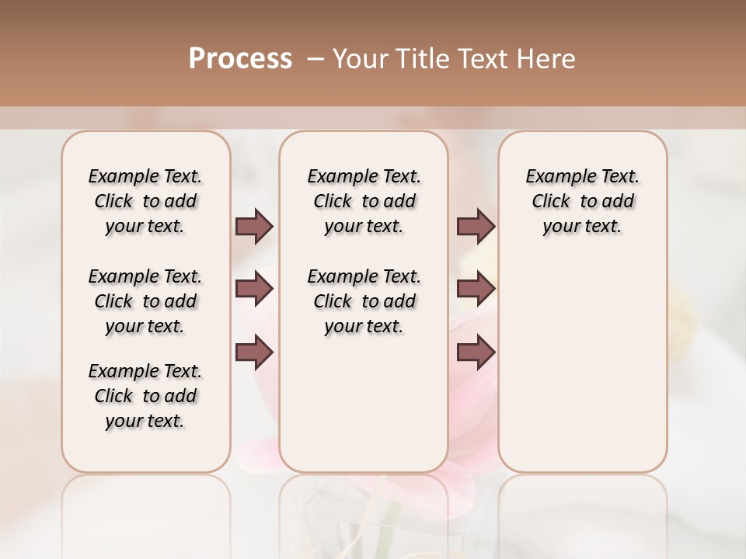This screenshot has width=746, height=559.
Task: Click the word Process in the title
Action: click(x=240, y=59)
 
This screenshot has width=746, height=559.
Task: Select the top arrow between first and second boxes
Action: click(x=254, y=226)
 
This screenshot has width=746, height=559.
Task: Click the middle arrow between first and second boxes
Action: click(x=254, y=289)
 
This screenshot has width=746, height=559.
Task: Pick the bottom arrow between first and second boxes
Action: click(x=254, y=352)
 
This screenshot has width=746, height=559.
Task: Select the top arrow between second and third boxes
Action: click(x=476, y=226)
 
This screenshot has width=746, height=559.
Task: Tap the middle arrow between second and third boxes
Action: click(x=476, y=289)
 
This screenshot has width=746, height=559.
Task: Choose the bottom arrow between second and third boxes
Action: click(x=476, y=352)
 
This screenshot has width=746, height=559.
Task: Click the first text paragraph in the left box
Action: click(x=145, y=201)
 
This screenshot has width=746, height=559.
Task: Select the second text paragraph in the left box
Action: click(x=145, y=301)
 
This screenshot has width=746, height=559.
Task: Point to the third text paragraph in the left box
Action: click(x=145, y=396)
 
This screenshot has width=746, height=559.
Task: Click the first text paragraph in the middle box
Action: click(x=364, y=201)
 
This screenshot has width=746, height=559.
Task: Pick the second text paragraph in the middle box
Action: click(x=364, y=301)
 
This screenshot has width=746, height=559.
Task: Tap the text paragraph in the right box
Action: click(x=582, y=201)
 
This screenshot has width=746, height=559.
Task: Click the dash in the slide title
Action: click(x=315, y=59)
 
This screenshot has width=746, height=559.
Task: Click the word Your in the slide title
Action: click(x=361, y=59)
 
